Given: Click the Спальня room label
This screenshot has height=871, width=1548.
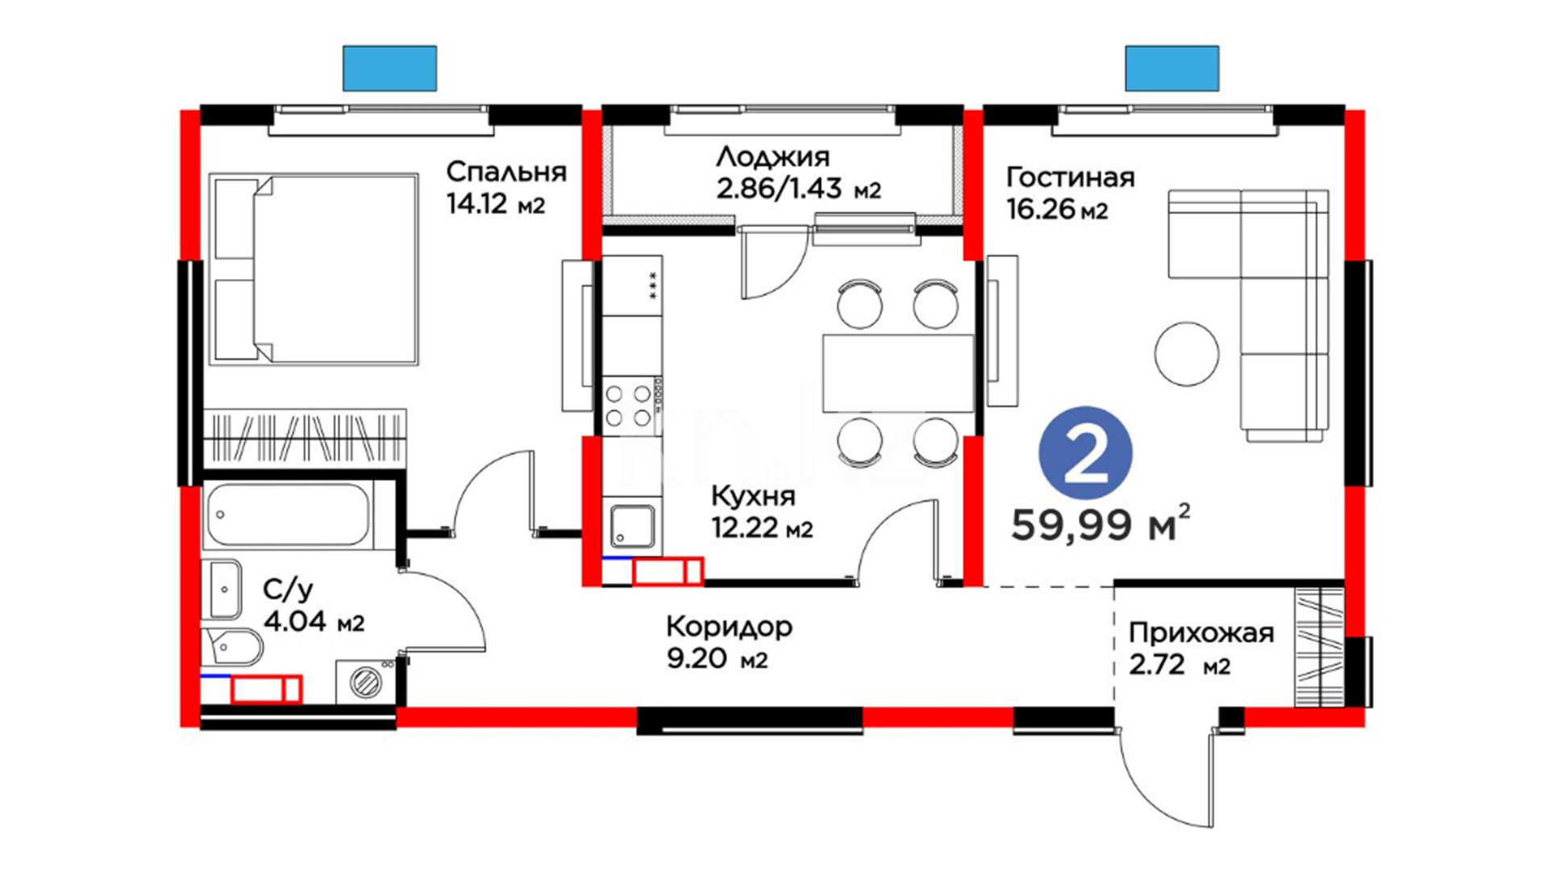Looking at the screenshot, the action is coord(506,172).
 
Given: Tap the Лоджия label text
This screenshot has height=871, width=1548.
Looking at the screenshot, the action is coord(772,156).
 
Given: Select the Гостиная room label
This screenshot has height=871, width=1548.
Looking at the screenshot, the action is coord(1071,177).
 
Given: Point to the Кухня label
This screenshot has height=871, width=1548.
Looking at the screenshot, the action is coord(753,495).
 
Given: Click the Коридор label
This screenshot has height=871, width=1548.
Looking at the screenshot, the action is coord(730,627).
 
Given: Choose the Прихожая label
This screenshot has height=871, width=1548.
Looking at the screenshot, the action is coord(1201,633).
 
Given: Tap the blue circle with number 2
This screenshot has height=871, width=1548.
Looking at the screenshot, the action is coord(1085,453).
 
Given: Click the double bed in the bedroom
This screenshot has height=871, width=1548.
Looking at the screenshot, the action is coord(314,269).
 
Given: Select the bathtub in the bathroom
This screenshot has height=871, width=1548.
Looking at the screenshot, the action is coord(288,515).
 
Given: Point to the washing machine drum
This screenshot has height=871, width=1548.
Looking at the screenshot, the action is coord(366,682).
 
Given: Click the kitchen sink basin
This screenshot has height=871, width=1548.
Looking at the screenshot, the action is coord(633,526).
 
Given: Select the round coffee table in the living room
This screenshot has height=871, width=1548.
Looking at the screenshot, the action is coord(1187,354).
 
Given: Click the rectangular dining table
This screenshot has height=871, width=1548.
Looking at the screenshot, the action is coord(898,373).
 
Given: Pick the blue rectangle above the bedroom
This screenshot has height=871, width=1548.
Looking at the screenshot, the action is coord(389,68).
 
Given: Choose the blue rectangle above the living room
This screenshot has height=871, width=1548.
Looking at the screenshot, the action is coord(1172,68).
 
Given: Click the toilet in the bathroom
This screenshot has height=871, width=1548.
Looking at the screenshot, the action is coord(234,646).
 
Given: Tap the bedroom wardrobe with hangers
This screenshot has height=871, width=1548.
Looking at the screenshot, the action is coord(304,435).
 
